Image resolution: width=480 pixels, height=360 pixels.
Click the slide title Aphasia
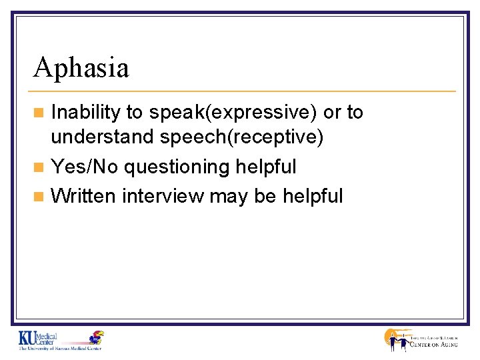click(81, 67)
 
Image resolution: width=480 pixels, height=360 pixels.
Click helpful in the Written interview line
click(313, 196)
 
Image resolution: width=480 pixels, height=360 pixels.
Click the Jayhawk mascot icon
click(97, 337)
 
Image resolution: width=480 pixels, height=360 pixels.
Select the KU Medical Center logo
click(38, 338)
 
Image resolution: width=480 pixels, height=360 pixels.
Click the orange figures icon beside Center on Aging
click(396, 340)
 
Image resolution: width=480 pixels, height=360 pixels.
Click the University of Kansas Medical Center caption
click(60, 349)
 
